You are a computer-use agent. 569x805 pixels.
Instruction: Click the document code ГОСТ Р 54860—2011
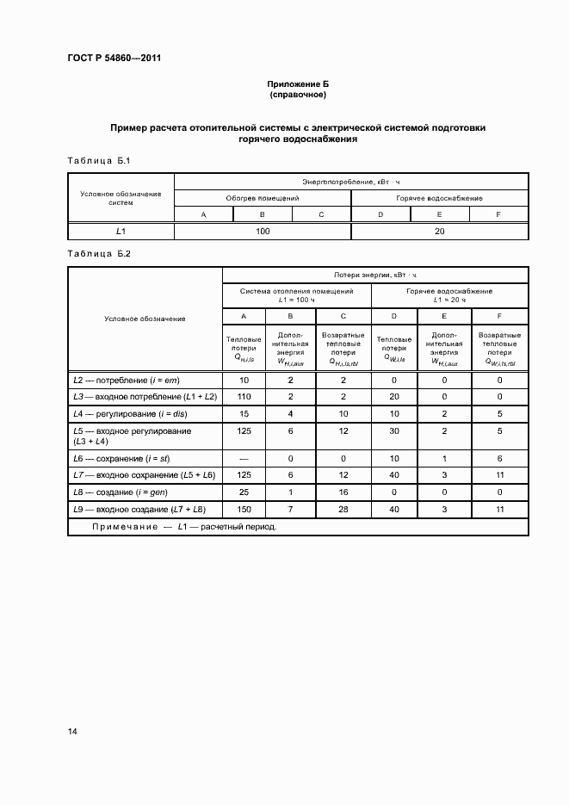pos(114,59)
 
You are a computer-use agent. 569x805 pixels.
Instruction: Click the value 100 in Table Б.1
pos(263,231)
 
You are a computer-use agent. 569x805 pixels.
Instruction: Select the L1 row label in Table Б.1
pos(121,231)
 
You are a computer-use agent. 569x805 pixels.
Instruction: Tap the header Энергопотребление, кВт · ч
pos(350,182)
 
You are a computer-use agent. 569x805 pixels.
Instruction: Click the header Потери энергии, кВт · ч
pos(374,276)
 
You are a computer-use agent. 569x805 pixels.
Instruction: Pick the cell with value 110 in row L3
pos(244,396)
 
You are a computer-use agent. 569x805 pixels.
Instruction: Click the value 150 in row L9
pos(244,509)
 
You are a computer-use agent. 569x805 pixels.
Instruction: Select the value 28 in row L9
pos(343,509)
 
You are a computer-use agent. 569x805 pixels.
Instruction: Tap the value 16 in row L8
pos(343,492)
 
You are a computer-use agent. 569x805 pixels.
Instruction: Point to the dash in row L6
pos(244,459)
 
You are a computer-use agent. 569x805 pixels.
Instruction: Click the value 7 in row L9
pos(291,509)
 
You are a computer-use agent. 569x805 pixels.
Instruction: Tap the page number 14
pos(73,731)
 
